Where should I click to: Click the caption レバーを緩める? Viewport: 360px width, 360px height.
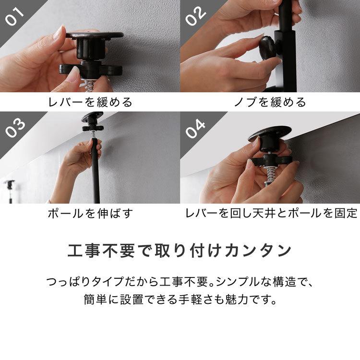tap(90, 102)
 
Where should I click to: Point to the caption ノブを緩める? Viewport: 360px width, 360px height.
tap(270, 102)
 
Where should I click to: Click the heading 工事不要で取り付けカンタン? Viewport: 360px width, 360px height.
tap(180, 251)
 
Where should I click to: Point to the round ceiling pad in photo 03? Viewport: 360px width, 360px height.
tap(92, 117)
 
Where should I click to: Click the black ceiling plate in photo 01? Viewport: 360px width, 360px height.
tap(95, 36)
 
